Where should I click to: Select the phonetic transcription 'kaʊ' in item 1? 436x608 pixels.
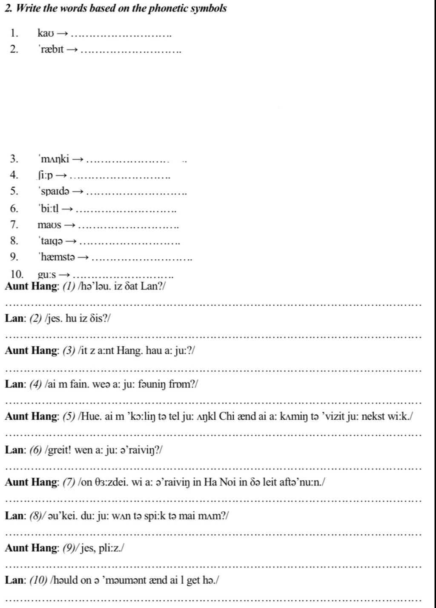coord(45,33)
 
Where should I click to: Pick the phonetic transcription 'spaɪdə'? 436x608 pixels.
coord(54,191)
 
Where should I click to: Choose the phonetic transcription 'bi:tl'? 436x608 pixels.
coord(49,209)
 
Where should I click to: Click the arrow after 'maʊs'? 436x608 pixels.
coord(71,225)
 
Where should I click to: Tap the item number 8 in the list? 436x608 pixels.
coord(14,241)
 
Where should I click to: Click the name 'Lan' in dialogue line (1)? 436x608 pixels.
coord(149,286)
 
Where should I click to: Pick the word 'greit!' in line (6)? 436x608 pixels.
coord(59,450)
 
